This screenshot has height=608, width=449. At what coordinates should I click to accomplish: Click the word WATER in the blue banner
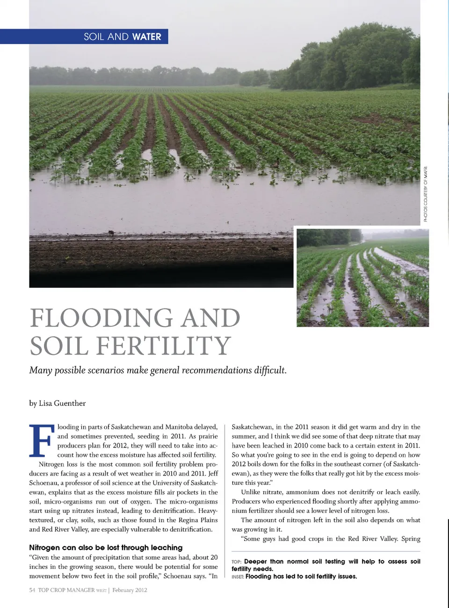(x=146, y=37)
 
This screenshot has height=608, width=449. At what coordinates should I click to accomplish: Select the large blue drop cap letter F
(x=42, y=440)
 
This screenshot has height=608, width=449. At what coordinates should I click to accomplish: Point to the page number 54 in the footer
(x=32, y=590)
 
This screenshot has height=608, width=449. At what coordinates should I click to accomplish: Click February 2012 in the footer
(x=130, y=590)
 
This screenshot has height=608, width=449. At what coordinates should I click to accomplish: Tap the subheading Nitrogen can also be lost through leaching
(x=106, y=547)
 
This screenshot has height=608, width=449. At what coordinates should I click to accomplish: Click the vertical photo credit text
(x=426, y=194)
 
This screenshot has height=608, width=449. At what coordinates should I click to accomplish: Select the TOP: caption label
(x=236, y=562)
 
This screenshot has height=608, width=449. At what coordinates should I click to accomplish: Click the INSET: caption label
(x=238, y=577)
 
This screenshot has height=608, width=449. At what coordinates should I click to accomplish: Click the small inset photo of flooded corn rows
(x=362, y=278)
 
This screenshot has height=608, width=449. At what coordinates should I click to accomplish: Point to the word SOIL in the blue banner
(x=94, y=37)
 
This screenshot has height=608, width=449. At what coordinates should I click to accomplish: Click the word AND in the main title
(x=210, y=318)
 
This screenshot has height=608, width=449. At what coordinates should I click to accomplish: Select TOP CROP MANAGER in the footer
(x=66, y=590)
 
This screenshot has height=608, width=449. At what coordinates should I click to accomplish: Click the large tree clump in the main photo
(x=355, y=59)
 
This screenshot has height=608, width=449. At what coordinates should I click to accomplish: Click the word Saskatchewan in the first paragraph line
(x=131, y=427)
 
